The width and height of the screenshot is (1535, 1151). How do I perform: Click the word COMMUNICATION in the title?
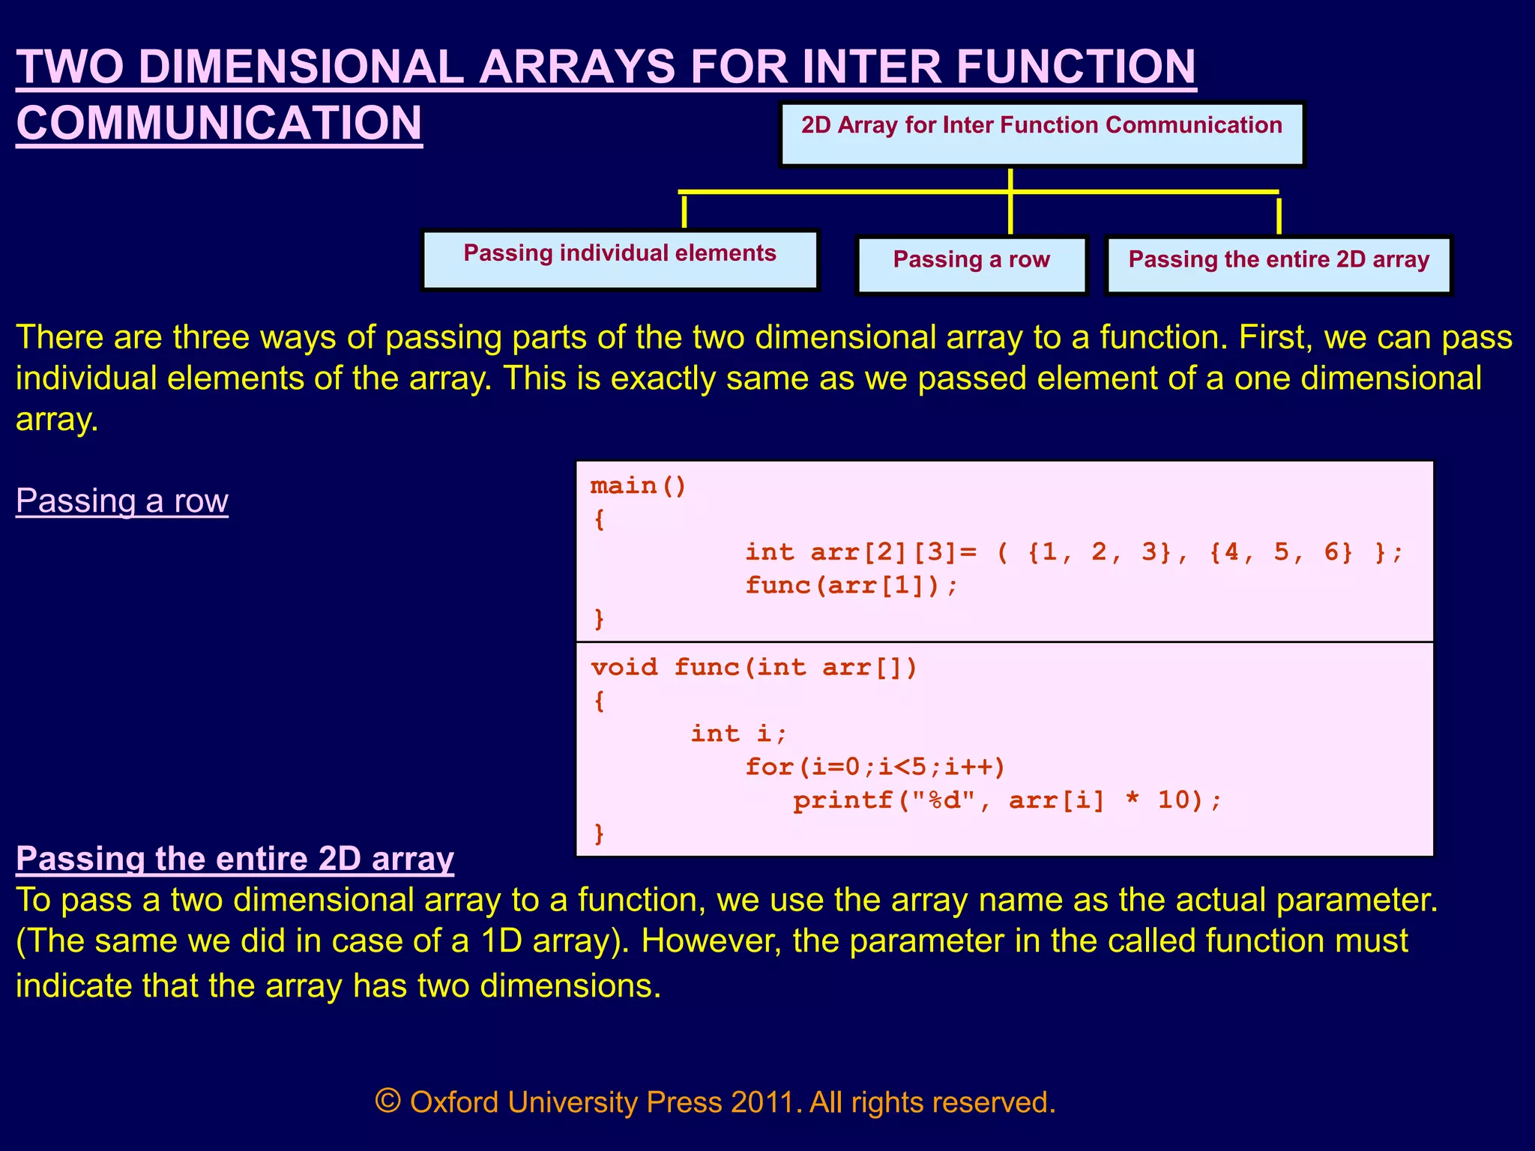pyautogui.click(x=219, y=123)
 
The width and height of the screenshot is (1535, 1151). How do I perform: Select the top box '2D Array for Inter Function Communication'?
pyautogui.click(x=1041, y=134)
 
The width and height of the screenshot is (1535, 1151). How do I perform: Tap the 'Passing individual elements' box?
pyautogui.click(x=620, y=259)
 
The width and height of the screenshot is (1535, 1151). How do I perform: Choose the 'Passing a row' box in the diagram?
pyautogui.click(x=971, y=265)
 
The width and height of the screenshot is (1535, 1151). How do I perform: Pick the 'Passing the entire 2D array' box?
pyautogui.click(x=1279, y=265)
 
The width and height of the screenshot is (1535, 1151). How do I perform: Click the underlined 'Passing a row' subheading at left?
pyautogui.click(x=122, y=501)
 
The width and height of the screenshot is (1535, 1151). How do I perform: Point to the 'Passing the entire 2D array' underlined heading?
pyautogui.click(x=235, y=859)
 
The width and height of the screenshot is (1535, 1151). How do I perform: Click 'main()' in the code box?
pyautogui.click(x=638, y=486)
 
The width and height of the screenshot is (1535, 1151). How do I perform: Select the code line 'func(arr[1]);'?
pyautogui.click(x=851, y=585)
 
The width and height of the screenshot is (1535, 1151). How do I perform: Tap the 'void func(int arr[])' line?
pyautogui.click(x=753, y=667)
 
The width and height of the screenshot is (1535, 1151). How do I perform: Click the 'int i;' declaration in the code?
pyautogui.click(x=738, y=733)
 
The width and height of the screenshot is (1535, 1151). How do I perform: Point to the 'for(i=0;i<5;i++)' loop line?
pyautogui.click(x=875, y=767)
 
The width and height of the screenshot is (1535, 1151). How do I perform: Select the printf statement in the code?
pyautogui.click(x=1007, y=800)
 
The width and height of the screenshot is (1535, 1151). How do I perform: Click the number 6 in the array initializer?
pyautogui.click(x=1331, y=552)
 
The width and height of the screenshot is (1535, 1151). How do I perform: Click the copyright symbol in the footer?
pyautogui.click(x=387, y=1102)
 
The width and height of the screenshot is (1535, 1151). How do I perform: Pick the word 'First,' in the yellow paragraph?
pyautogui.click(x=1274, y=337)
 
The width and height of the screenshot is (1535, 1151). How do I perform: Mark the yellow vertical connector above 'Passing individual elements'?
pyautogui.click(x=684, y=211)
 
